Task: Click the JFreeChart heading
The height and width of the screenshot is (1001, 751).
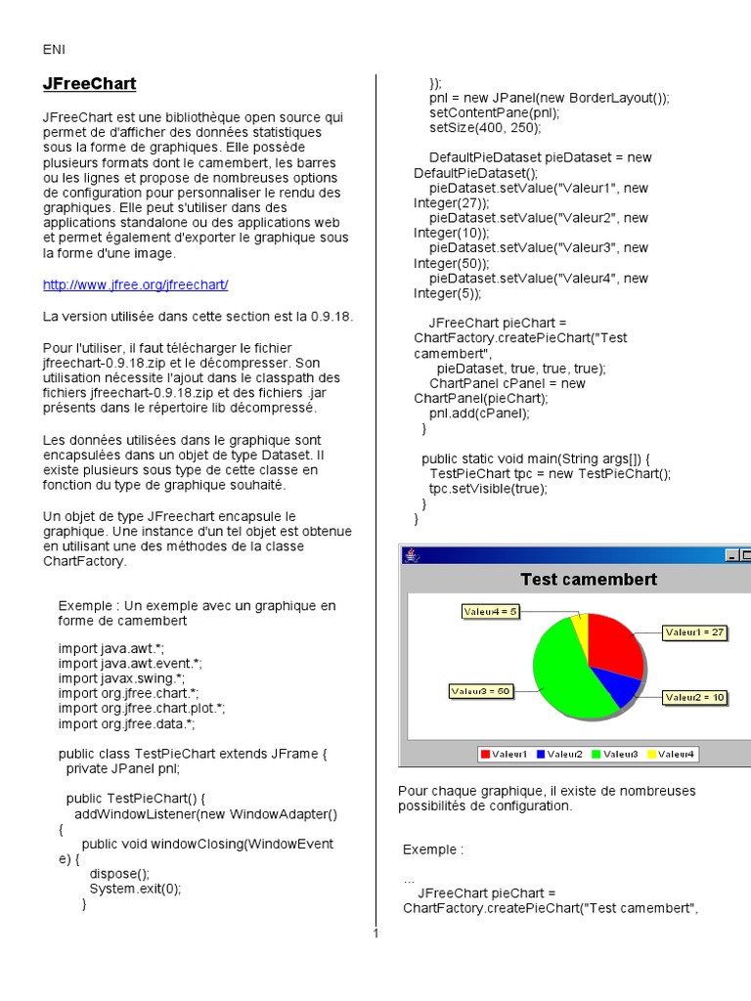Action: coord(89,84)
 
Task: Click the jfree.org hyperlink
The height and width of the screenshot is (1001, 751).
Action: coord(135,284)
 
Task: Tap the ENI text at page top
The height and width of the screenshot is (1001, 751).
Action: coord(54,50)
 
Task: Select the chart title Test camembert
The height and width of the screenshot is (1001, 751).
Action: coord(589,579)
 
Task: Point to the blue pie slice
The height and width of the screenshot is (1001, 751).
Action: coord(616,685)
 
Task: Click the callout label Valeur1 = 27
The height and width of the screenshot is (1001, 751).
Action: coord(694,632)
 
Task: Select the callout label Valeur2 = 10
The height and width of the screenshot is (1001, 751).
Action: coord(694,697)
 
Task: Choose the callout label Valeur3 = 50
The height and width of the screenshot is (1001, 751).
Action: coord(481,691)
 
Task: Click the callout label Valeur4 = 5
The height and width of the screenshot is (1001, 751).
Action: coord(490,611)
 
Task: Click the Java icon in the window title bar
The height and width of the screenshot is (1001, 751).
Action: coord(412,555)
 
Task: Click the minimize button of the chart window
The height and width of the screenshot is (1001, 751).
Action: coord(732,555)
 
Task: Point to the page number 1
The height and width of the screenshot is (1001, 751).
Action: coord(375,934)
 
